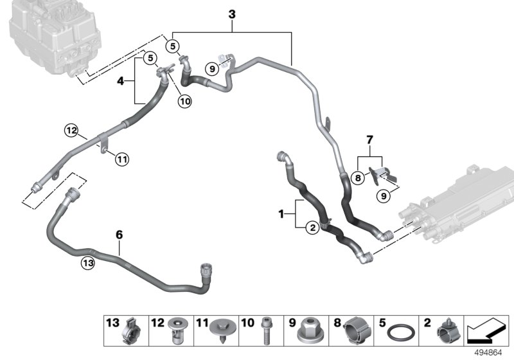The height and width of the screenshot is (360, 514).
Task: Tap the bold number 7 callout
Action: tap(369, 139)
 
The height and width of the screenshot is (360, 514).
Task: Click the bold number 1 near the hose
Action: tap(281, 213)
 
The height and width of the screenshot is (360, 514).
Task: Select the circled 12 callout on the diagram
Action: tap(71, 131)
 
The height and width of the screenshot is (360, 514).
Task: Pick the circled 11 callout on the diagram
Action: tap(121, 158)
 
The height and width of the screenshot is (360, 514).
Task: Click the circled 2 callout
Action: tap(312, 226)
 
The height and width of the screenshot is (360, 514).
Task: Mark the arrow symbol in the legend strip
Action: tap(488, 332)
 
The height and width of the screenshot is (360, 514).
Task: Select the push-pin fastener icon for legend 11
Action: tap(220, 333)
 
